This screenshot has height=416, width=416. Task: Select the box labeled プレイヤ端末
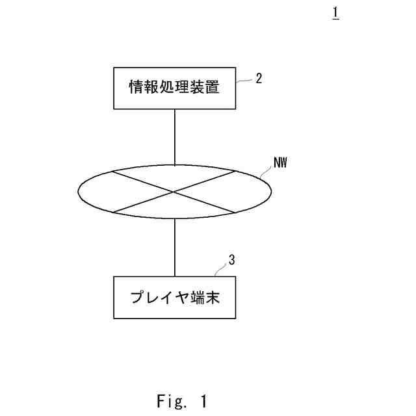pyautogui.click(x=174, y=298)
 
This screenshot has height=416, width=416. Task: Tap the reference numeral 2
pyautogui.click(x=259, y=79)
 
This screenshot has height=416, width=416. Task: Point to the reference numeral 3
pyautogui.click(x=232, y=261)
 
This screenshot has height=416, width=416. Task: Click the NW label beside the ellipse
pyautogui.click(x=280, y=162)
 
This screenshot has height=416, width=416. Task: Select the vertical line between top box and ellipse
pyautogui.click(x=174, y=136)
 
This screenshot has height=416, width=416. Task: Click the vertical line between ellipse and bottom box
pyautogui.click(x=174, y=248)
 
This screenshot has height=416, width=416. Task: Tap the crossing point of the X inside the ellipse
pyautogui.click(x=174, y=192)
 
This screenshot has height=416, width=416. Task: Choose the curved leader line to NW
pyautogui.click(x=265, y=173)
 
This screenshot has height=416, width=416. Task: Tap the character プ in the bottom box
pyautogui.click(x=137, y=298)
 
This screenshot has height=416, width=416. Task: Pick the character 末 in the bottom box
pyautogui.click(x=213, y=298)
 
